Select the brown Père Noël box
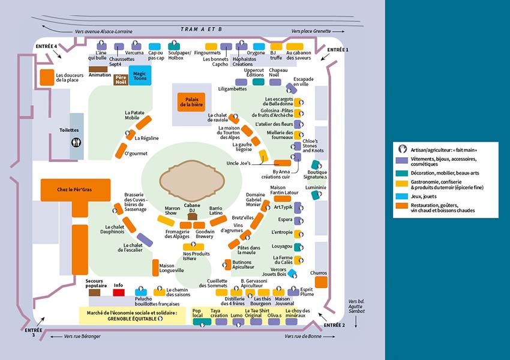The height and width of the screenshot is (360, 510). pyautogui.click(x=121, y=80)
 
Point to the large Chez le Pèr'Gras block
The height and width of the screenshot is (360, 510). pyautogui.click(x=76, y=189)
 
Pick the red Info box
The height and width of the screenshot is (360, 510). pyautogui.click(x=119, y=293)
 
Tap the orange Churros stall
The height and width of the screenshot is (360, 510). pyautogui.click(x=321, y=282)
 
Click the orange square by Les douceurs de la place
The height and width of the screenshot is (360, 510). pyautogui.click(x=47, y=77)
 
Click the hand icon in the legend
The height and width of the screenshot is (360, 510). pyautogui.click(x=403, y=148)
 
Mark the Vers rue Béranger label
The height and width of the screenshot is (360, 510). pyautogui.click(x=82, y=337)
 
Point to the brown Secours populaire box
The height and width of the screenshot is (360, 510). pyautogui.click(x=95, y=293)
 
